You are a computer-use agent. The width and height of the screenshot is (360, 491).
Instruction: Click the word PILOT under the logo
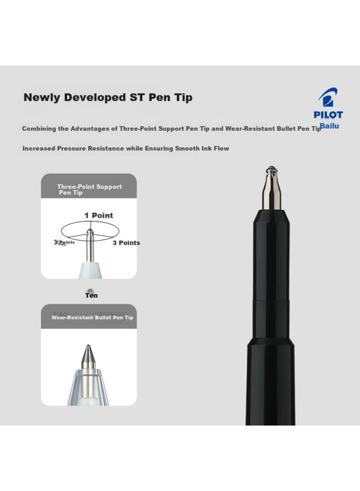click(328, 115)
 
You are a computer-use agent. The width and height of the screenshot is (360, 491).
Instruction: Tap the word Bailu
click(329, 127)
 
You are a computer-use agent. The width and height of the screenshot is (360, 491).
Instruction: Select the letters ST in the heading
click(135, 98)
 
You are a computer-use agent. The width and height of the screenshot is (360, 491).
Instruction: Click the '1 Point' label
click(99, 215)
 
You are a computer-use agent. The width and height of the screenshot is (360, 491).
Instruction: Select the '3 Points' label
click(126, 243)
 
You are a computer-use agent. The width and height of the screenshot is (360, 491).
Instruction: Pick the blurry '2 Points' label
click(64, 242)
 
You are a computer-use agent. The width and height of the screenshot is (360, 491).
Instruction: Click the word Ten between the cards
click(91, 295)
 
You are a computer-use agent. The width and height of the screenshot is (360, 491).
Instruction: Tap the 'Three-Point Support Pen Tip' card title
click(89, 189)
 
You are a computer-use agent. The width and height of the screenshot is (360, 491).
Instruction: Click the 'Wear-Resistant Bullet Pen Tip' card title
click(92, 318)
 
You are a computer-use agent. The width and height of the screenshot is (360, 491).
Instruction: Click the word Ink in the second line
click(206, 148)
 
